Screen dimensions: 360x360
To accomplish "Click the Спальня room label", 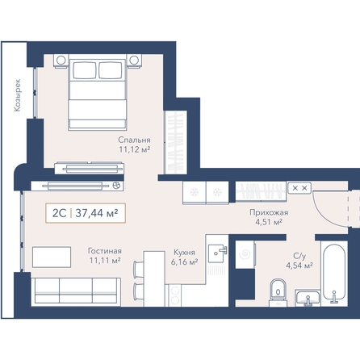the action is pos(134,140).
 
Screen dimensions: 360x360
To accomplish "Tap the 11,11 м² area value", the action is pos(105,260).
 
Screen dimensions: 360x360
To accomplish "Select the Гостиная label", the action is pos(105,251).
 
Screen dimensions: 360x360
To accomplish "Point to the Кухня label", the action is pos(184,253).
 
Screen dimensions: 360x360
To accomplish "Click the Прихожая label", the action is pos(269,212).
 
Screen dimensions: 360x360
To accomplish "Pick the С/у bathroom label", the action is pos(299,256).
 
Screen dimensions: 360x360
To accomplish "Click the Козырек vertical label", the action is pos(18,95).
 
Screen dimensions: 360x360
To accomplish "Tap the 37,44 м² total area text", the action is pos(97,213).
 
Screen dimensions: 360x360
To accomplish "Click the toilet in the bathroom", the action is pos(278,292).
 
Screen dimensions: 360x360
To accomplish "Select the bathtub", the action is pos(334,274).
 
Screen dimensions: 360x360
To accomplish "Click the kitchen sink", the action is pos(217,253).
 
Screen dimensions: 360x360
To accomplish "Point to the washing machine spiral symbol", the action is pos(245,253).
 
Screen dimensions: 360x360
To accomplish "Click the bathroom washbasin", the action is pos(308,298).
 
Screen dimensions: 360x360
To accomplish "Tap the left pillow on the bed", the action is pos(85,70).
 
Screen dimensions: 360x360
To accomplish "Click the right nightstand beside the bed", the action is pos(134,61).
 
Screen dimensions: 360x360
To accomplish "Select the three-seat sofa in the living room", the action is pos(76,292).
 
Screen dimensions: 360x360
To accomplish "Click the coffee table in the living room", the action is pos(52,257).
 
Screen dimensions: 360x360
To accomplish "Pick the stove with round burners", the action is pos(175,295).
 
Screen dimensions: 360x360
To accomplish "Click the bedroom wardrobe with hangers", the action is pos(176,142).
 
